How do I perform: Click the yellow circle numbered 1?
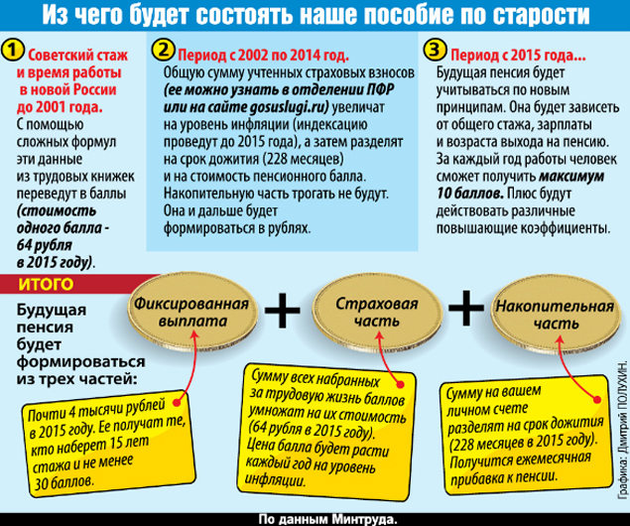tap(13, 50)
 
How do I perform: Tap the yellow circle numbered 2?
tap(163, 50)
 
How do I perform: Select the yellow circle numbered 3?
tap(436, 50)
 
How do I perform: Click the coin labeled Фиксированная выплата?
tap(192, 313)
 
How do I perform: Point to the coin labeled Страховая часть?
tap(377, 313)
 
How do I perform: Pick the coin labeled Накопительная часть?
tap(556, 315)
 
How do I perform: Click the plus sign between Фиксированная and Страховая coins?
tap(283, 310)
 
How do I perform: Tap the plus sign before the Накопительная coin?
tap(466, 308)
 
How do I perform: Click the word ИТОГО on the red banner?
tap(46, 284)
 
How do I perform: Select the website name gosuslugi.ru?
tap(287, 107)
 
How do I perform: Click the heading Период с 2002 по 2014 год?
tap(263, 55)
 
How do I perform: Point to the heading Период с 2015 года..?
tap(518, 55)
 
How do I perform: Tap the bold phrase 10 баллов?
tap(469, 194)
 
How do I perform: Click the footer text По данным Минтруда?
tap(327, 519)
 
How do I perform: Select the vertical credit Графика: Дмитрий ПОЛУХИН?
tap(622, 430)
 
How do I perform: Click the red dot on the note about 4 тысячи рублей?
tap(176, 402)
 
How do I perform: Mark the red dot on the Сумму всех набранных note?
tap(400, 384)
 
